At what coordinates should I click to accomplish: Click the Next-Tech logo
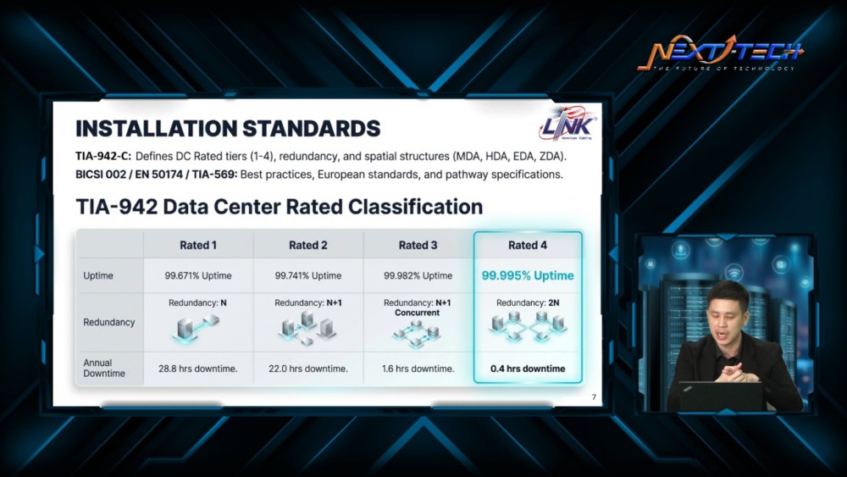pyautogui.click(x=721, y=53)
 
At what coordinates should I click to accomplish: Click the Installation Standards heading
pyautogui.click(x=228, y=129)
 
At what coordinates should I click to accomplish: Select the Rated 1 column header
pyautogui.click(x=198, y=245)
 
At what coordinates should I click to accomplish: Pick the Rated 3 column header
pyautogui.click(x=418, y=245)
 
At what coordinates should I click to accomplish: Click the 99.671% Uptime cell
pyautogui.click(x=198, y=275)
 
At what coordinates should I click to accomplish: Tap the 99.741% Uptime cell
pyautogui.click(x=308, y=275)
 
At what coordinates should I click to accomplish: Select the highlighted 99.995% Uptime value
pyautogui.click(x=528, y=275)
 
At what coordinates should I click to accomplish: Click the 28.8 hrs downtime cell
pyautogui.click(x=197, y=369)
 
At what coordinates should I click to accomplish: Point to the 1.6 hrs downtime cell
pyautogui.click(x=418, y=369)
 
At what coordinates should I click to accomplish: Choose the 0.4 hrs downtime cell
pyautogui.click(x=528, y=369)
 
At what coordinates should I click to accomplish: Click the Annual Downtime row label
pyautogui.click(x=103, y=368)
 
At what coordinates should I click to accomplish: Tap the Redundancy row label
pyautogui.click(x=108, y=323)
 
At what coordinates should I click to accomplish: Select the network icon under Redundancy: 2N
pyautogui.click(x=528, y=326)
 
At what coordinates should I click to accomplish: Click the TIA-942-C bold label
pyautogui.click(x=103, y=156)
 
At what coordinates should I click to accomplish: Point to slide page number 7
pyautogui.click(x=594, y=397)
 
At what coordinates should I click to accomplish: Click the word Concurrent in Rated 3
pyautogui.click(x=417, y=313)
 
